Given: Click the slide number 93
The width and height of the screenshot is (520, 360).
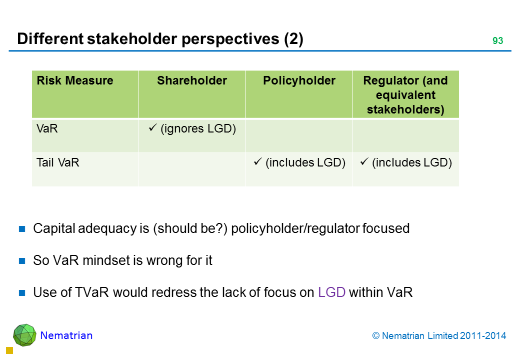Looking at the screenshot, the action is click(497, 40).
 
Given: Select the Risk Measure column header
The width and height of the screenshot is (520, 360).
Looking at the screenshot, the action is click(75, 80).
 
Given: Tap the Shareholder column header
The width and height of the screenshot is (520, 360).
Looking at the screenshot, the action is click(192, 80).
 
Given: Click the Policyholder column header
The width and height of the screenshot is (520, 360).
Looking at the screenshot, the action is click(299, 80).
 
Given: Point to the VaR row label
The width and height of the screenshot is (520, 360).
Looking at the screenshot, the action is click(47, 128).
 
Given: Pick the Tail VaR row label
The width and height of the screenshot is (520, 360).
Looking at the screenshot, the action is click(57, 163).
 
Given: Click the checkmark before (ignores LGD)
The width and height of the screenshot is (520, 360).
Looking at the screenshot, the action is click(152, 127).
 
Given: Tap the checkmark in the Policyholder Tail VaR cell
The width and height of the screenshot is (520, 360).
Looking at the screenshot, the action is click(257, 161).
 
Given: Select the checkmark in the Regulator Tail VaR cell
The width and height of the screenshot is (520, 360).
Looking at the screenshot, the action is click(364, 161).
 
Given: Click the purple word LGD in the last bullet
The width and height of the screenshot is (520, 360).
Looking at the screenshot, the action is click(331, 292).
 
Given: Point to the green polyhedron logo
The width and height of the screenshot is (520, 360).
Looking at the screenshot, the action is click(24, 335).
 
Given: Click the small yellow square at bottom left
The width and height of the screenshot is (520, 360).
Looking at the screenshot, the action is click(9, 350).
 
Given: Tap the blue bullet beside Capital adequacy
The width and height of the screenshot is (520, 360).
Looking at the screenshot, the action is click(22, 228).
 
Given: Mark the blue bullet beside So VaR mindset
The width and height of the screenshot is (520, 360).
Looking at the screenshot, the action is click(22, 261).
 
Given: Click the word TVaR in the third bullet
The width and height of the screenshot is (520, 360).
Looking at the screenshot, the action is click(92, 292).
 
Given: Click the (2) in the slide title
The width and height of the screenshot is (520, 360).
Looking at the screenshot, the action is click(293, 39).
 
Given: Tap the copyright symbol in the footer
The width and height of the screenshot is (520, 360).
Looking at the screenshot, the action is click(375, 336).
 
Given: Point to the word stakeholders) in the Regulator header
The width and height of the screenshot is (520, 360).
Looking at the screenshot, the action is click(405, 109).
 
